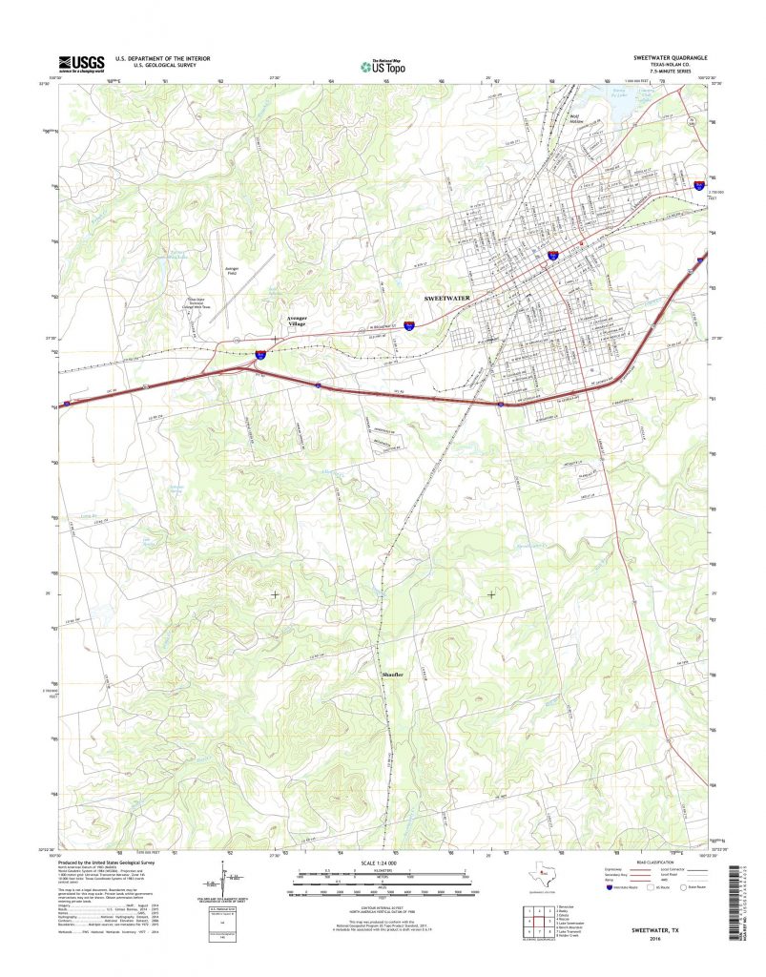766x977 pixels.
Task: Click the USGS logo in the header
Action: pos(81,63)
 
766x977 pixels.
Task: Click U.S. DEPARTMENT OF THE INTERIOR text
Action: pos(162,58)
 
